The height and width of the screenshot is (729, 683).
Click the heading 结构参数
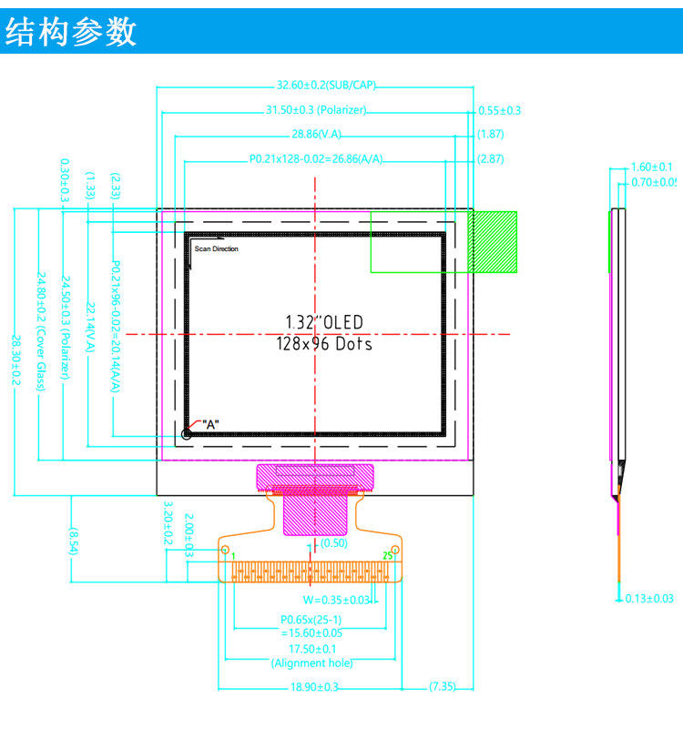coord(71,31)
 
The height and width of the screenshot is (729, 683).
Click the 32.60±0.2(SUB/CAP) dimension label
coord(326,86)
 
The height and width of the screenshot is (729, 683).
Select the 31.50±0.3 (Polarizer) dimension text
coord(315,110)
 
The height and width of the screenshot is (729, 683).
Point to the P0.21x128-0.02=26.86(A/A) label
coord(316,159)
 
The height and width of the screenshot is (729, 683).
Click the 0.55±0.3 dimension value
coord(499,110)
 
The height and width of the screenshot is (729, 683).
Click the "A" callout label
coord(210,424)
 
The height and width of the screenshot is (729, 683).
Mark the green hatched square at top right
coord(493,242)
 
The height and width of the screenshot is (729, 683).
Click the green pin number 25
coord(387,554)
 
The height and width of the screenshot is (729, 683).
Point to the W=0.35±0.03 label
coord(337,600)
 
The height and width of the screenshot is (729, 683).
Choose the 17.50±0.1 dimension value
coord(311,648)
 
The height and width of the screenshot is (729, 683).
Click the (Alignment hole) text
coord(311,663)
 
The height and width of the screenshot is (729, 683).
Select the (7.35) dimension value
coord(442,687)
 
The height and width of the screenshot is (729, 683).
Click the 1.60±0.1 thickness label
coord(651,167)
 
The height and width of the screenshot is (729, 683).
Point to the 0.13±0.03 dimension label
coord(649,598)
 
